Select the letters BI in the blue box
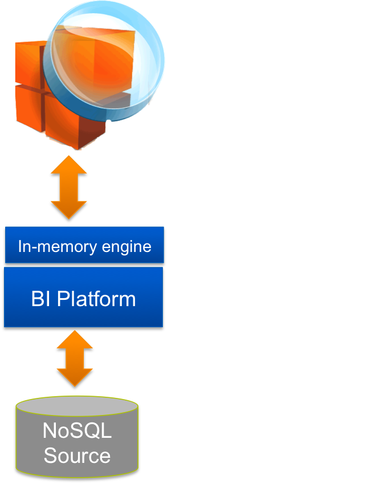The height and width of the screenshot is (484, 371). tap(40, 299)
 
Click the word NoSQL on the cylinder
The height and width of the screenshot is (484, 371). tap(77, 430)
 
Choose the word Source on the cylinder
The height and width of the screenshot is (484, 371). tap(77, 455)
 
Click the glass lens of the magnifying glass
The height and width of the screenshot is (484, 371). tap(105, 60)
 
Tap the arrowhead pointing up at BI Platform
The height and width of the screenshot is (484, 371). tap(75, 341)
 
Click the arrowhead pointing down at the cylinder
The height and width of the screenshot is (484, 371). tap(75, 380)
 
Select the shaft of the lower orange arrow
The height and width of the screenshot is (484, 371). tap(75, 360)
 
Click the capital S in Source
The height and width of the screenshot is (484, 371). tap(50, 455)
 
